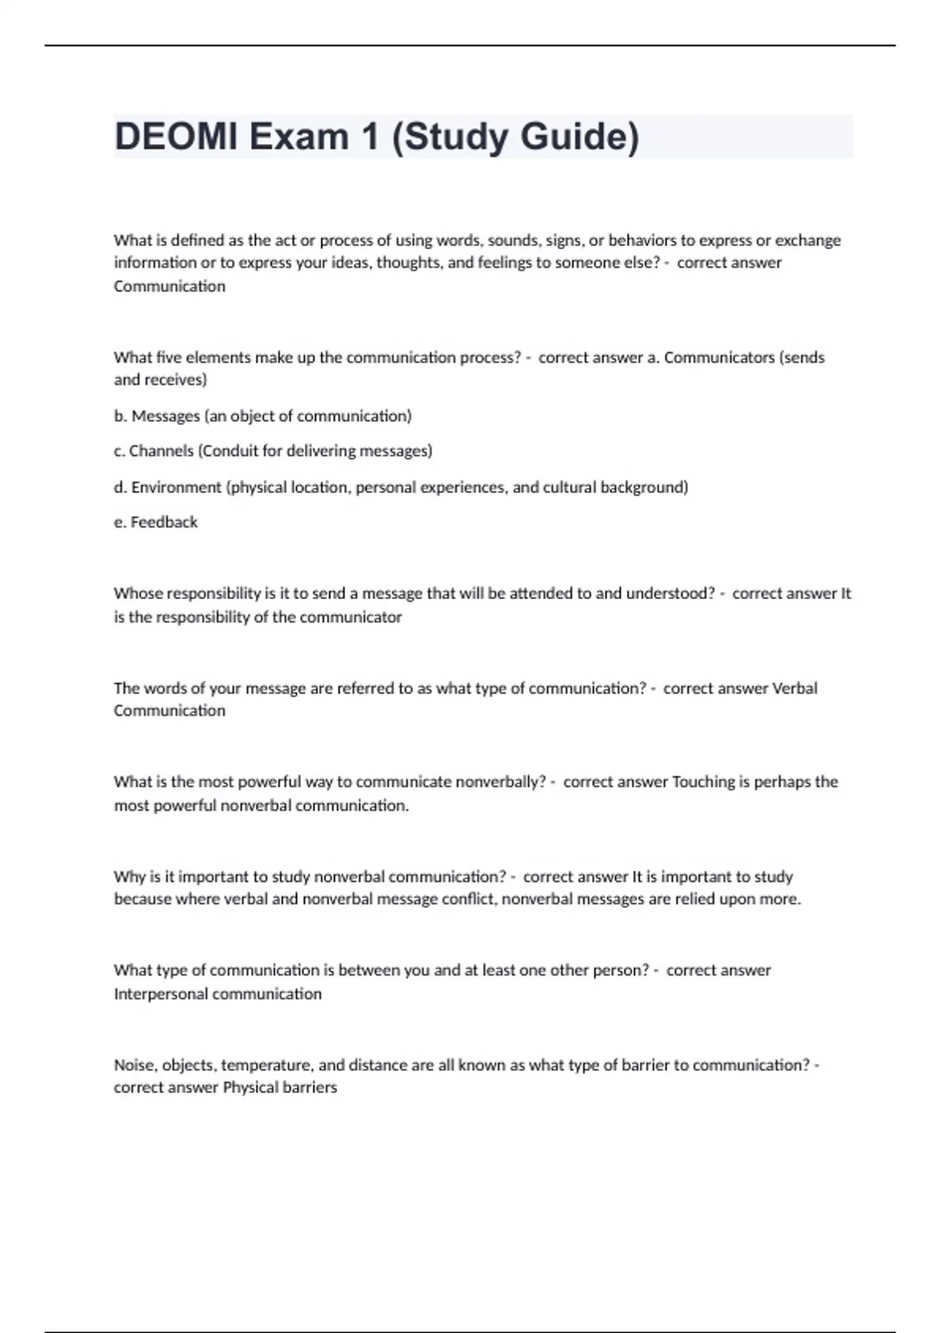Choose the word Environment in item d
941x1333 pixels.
point(176,487)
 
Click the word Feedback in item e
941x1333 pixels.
point(164,522)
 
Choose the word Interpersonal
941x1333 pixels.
point(161,994)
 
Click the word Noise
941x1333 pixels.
point(134,1066)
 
